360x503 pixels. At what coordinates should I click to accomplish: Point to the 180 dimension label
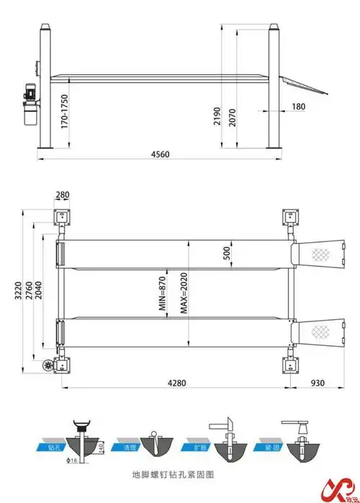pos(299,107)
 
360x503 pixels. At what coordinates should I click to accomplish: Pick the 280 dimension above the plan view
pos(62,195)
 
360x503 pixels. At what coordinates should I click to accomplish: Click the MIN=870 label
pos(163,295)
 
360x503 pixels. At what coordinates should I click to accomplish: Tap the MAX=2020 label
pos(184,295)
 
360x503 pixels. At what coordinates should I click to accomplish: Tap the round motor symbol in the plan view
pos(49,366)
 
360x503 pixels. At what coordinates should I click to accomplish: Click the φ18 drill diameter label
pos(72,460)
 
